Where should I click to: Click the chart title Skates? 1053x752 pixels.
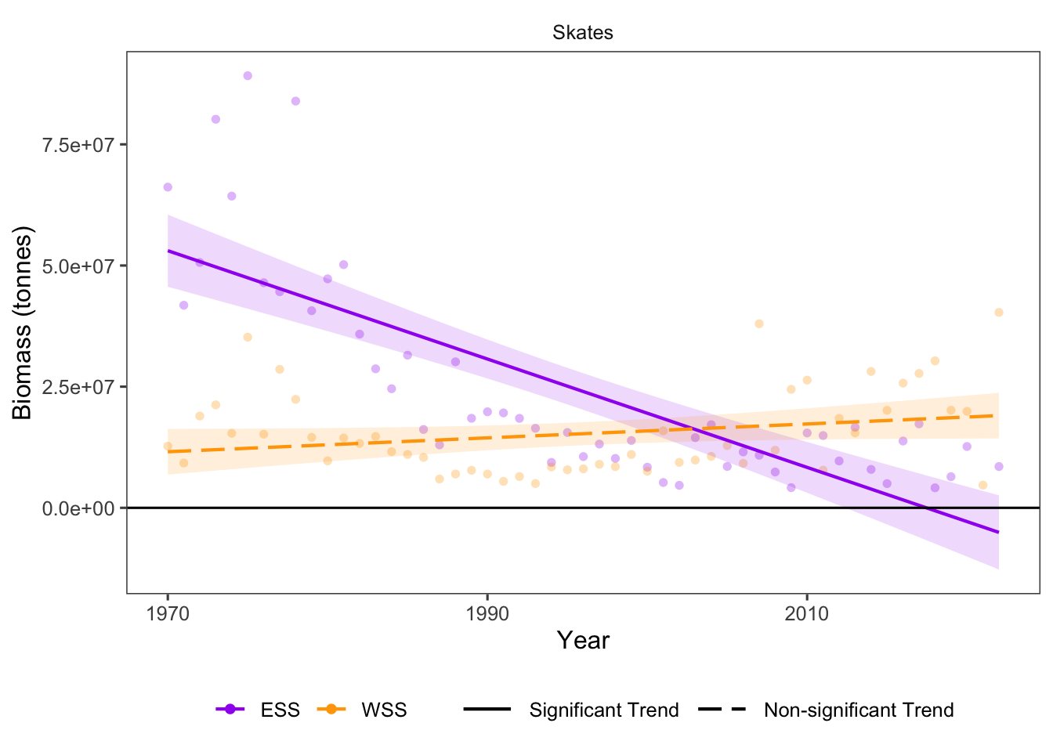tap(582, 33)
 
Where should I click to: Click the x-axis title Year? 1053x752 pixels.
tap(583, 640)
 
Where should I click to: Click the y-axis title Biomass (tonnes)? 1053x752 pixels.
tap(22, 323)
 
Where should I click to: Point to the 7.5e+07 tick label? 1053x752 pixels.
tap(78, 145)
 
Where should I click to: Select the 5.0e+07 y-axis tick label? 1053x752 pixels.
tap(78, 266)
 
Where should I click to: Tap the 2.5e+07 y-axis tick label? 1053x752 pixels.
tap(78, 387)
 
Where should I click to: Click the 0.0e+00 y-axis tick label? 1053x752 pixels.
tap(78, 508)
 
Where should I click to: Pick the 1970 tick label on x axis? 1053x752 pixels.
tap(168, 613)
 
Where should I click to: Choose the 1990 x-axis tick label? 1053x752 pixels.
tap(487, 613)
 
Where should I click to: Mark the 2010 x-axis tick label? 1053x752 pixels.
tap(807, 613)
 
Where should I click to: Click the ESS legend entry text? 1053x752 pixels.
tap(280, 710)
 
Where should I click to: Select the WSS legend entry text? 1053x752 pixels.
tap(384, 710)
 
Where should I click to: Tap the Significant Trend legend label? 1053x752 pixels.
tap(604, 710)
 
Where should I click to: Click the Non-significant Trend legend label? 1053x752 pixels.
tap(859, 710)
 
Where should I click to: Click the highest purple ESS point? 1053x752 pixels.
tap(248, 76)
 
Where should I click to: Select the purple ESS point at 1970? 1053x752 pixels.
tap(168, 187)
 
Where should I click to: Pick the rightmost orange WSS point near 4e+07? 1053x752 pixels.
tap(999, 313)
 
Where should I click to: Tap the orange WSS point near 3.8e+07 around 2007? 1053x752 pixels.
tap(758, 324)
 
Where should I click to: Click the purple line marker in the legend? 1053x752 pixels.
tap(230, 710)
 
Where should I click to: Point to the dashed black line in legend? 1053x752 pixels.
tap(721, 710)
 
